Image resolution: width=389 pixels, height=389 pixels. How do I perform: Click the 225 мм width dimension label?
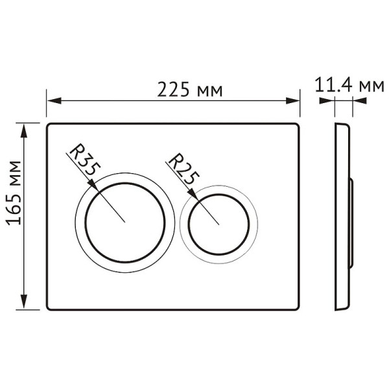point(190,90)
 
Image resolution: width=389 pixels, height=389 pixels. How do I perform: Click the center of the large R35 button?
point(124,221)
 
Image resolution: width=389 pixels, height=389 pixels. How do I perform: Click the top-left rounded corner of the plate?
point(49,126)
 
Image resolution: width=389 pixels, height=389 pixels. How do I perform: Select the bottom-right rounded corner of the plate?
point(297,307)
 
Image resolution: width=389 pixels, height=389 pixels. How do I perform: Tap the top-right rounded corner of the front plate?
point(297,126)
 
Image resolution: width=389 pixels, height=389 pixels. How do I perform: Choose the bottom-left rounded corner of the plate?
point(49,307)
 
